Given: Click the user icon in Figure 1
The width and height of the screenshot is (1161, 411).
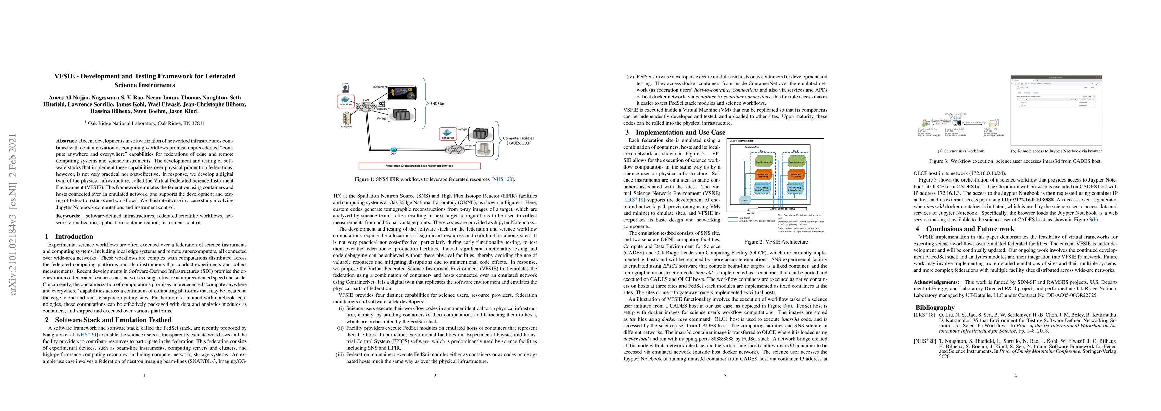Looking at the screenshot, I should pyautogui.click(x=345, y=89).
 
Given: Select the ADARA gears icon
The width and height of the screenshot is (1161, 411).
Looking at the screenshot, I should pyautogui.click(x=381, y=104).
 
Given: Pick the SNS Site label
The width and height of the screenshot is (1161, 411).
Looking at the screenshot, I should pyautogui.click(x=437, y=104).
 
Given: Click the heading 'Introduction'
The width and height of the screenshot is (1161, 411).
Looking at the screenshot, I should pyautogui.click(x=74, y=236).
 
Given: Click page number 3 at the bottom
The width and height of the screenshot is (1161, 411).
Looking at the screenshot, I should pyautogui.click(x=725, y=376).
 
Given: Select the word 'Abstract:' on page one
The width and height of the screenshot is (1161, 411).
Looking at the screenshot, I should pyautogui.click(x=67, y=141).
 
